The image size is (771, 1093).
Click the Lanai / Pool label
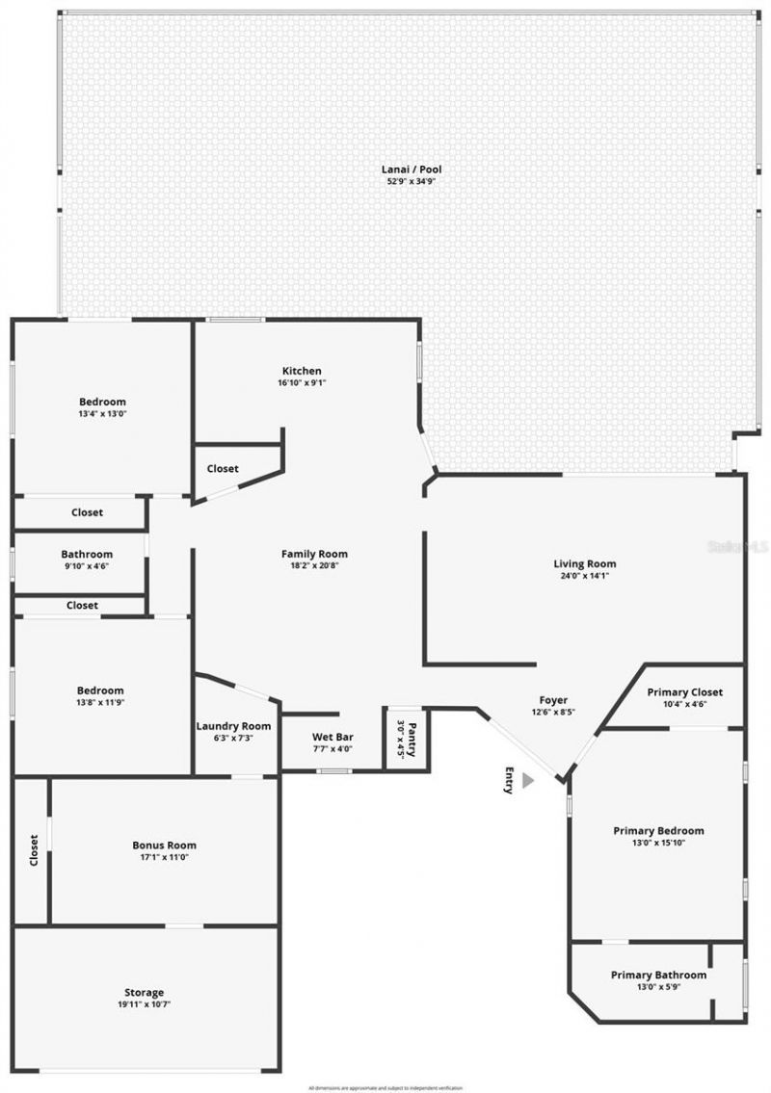[412, 169]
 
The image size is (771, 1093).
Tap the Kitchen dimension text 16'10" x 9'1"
[302, 383]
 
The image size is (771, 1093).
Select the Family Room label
[314, 554]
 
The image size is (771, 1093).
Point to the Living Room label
[584, 564]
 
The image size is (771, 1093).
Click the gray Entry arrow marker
[527, 782]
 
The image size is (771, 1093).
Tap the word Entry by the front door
[509, 780]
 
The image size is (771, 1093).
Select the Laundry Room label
[233, 726]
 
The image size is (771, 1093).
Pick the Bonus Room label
[164, 846]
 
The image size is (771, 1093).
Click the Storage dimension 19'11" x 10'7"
[144, 1003]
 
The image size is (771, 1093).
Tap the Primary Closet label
[684, 692]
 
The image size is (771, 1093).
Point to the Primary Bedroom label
[658, 830]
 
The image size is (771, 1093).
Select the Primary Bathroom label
[658, 975]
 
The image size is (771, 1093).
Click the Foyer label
[553, 700]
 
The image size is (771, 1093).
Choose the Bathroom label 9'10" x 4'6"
[87, 560]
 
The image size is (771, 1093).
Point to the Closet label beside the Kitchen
[223, 469]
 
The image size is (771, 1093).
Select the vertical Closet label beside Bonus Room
[34, 850]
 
